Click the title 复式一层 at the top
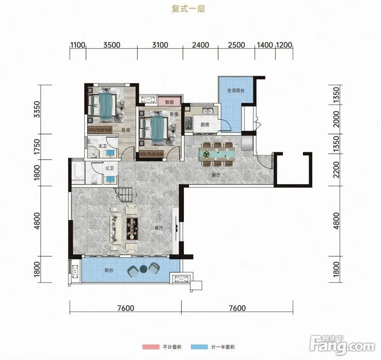[x=188, y=9]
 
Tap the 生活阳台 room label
[x=236, y=90]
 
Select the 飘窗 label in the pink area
[x=169, y=102]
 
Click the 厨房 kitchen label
[x=205, y=125]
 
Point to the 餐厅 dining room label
[x=216, y=175]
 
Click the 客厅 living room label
[x=159, y=228]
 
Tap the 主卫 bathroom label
[x=103, y=146]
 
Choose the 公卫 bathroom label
[x=109, y=168]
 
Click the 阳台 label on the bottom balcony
[x=109, y=270]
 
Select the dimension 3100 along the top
[x=160, y=45]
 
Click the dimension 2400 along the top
[x=201, y=45]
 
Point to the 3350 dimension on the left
[x=37, y=110]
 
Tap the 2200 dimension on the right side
[x=336, y=170]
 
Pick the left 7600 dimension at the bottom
[x=126, y=308]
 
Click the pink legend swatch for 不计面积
[x=151, y=347]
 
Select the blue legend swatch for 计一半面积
[x=199, y=347]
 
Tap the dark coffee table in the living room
[x=132, y=229]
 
